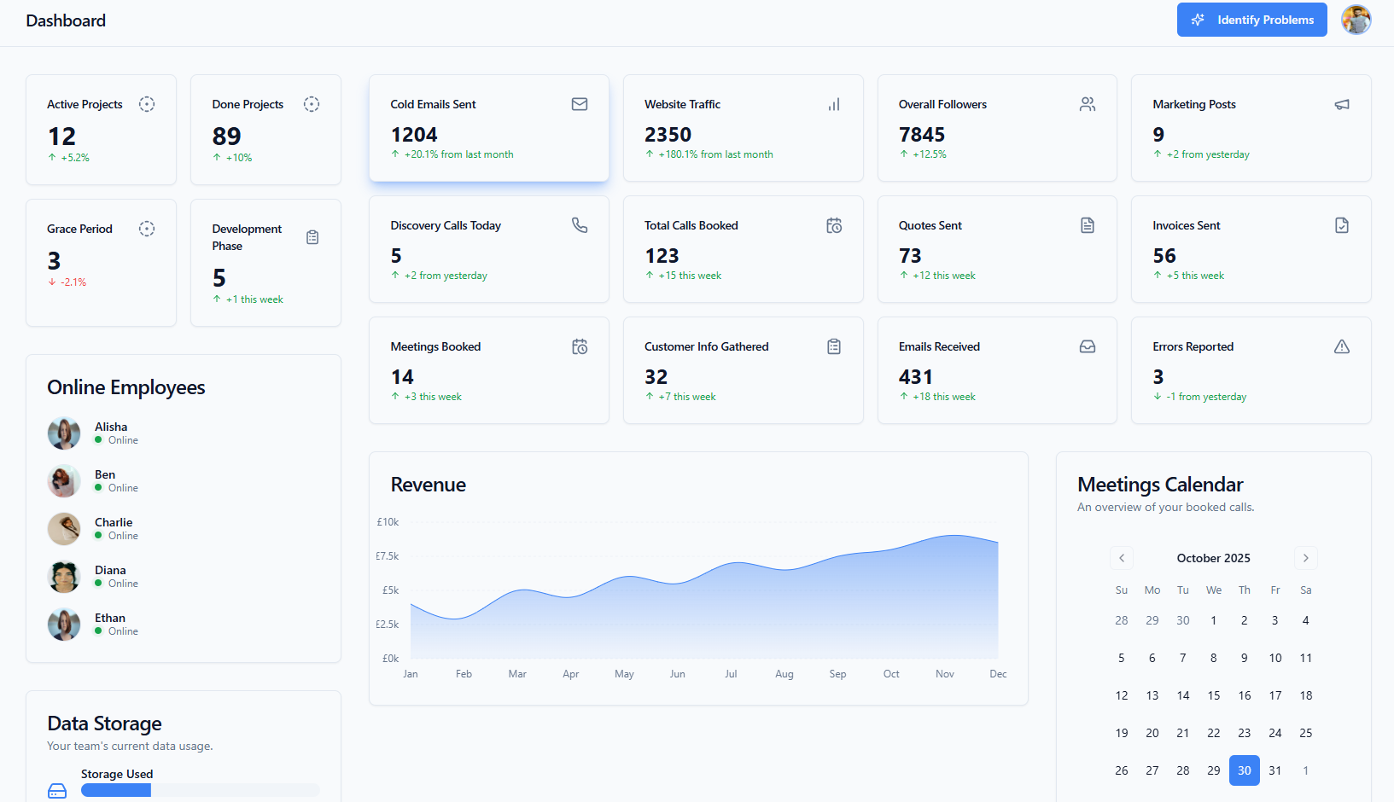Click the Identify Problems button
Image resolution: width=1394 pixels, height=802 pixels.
pos(1251,20)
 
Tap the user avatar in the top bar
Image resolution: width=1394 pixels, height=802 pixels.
pos(1356,20)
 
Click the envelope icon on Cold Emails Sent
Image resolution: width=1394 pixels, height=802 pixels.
pos(580,104)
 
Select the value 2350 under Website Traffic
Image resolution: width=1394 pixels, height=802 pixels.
pos(668,135)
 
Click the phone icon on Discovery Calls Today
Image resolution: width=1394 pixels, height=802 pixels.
pos(580,225)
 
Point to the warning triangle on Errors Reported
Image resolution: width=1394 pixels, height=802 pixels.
pos(1342,346)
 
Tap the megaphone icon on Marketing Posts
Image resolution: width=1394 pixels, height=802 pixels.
pos(1342,104)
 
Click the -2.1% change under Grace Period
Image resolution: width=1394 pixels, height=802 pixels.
pos(73,282)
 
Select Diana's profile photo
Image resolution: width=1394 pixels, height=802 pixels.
pos(64,577)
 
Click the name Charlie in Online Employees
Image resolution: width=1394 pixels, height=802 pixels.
pos(114,522)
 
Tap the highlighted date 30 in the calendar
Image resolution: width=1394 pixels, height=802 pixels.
pos(1244,770)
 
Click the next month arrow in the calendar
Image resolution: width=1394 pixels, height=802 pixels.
pos(1305,558)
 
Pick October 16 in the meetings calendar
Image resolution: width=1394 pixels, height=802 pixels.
pos(1244,695)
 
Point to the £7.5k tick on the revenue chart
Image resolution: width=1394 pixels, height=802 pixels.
pos(388,556)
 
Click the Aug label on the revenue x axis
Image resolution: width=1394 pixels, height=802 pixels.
pos(784,674)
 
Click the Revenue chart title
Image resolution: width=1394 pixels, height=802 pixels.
pos(428,485)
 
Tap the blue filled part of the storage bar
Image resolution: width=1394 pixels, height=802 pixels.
pos(116,790)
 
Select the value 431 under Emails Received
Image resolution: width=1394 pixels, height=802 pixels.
pos(915,377)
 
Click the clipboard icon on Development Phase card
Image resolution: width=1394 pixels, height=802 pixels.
pos(312,237)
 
